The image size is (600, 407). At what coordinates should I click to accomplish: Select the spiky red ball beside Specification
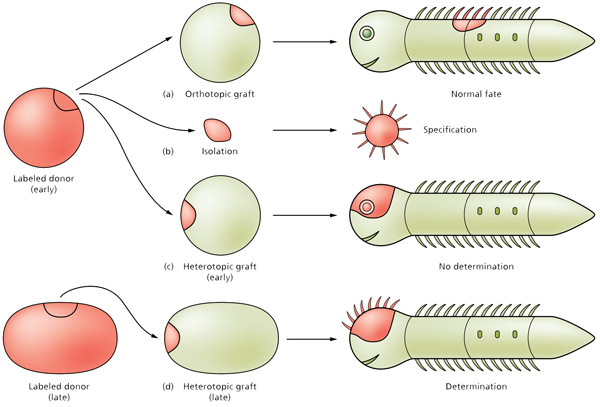click(381, 129)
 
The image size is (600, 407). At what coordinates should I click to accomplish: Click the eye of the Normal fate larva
click(367, 34)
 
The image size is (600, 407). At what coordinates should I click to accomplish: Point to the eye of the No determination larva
click(367, 207)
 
